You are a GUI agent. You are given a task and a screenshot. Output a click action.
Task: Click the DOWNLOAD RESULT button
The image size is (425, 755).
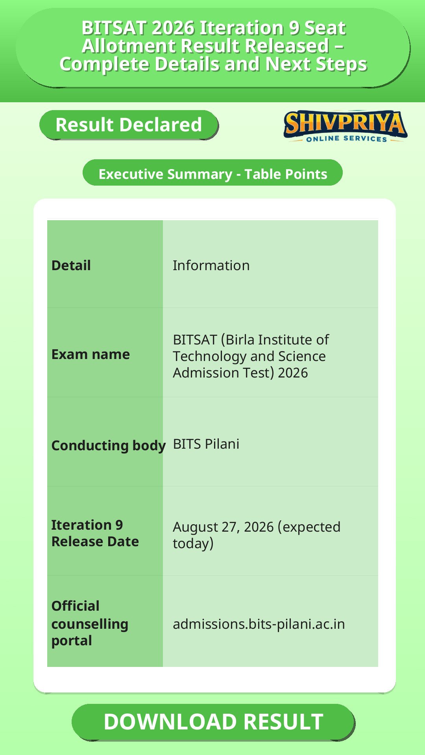tap(213, 722)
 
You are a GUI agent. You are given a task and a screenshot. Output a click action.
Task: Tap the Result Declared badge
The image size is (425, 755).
tap(129, 125)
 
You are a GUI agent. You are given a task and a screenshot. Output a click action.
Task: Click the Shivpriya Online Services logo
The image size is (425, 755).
tap(345, 126)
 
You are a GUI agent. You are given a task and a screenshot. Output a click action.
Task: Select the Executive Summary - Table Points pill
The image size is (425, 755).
tap(213, 173)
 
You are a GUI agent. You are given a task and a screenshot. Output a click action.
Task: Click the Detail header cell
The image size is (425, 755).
tap(71, 265)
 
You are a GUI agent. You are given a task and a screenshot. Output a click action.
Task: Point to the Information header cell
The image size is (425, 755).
tap(211, 265)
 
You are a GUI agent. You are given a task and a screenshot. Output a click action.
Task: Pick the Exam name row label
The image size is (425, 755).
tap(91, 354)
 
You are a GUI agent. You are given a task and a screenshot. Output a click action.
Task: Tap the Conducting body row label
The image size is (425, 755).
tap(109, 446)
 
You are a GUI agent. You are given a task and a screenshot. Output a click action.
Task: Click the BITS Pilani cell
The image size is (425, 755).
tap(206, 444)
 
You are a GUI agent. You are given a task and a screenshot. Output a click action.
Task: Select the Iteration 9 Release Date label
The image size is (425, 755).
tap(95, 533)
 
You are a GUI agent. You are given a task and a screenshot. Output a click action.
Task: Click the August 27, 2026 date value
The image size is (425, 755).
tap(223, 527)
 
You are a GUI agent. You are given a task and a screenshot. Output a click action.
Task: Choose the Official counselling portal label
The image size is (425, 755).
tap(90, 623)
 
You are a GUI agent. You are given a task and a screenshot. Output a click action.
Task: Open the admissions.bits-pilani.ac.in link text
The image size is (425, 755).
tap(259, 624)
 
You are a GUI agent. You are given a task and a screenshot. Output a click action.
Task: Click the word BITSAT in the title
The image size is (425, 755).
tap(114, 28)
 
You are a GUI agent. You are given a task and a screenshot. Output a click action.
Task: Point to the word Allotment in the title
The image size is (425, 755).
tap(128, 46)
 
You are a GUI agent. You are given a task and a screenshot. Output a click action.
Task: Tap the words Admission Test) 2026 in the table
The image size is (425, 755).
tap(240, 373)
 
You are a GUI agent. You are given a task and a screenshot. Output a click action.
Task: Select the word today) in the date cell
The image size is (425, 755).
tap(193, 544)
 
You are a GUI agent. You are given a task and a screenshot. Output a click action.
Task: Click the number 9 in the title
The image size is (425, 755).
tap(294, 28)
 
